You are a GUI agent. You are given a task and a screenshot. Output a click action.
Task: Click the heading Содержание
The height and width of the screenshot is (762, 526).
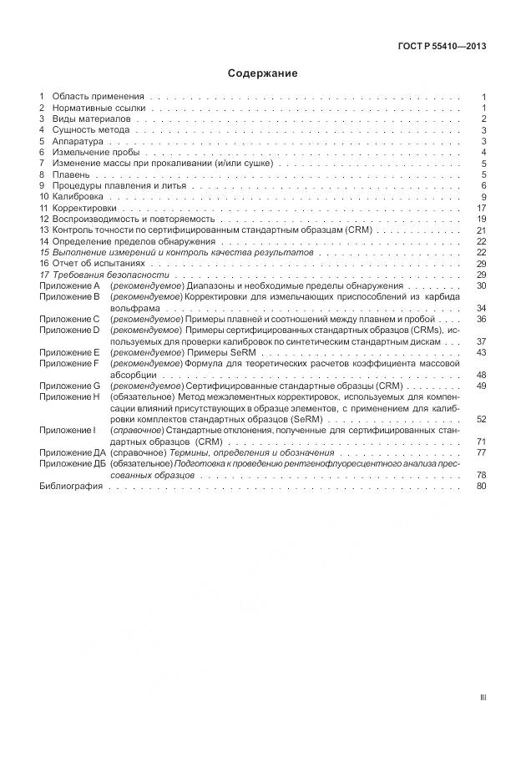point(263,73)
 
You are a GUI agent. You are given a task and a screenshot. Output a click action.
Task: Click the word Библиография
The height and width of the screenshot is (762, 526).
point(71,486)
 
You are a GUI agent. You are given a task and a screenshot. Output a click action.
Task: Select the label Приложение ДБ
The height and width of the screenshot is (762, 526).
point(72,463)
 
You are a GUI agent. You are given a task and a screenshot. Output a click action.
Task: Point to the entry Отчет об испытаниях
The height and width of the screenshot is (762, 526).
point(94,263)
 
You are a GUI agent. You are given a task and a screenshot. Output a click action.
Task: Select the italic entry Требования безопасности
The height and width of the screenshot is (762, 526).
point(110,275)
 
